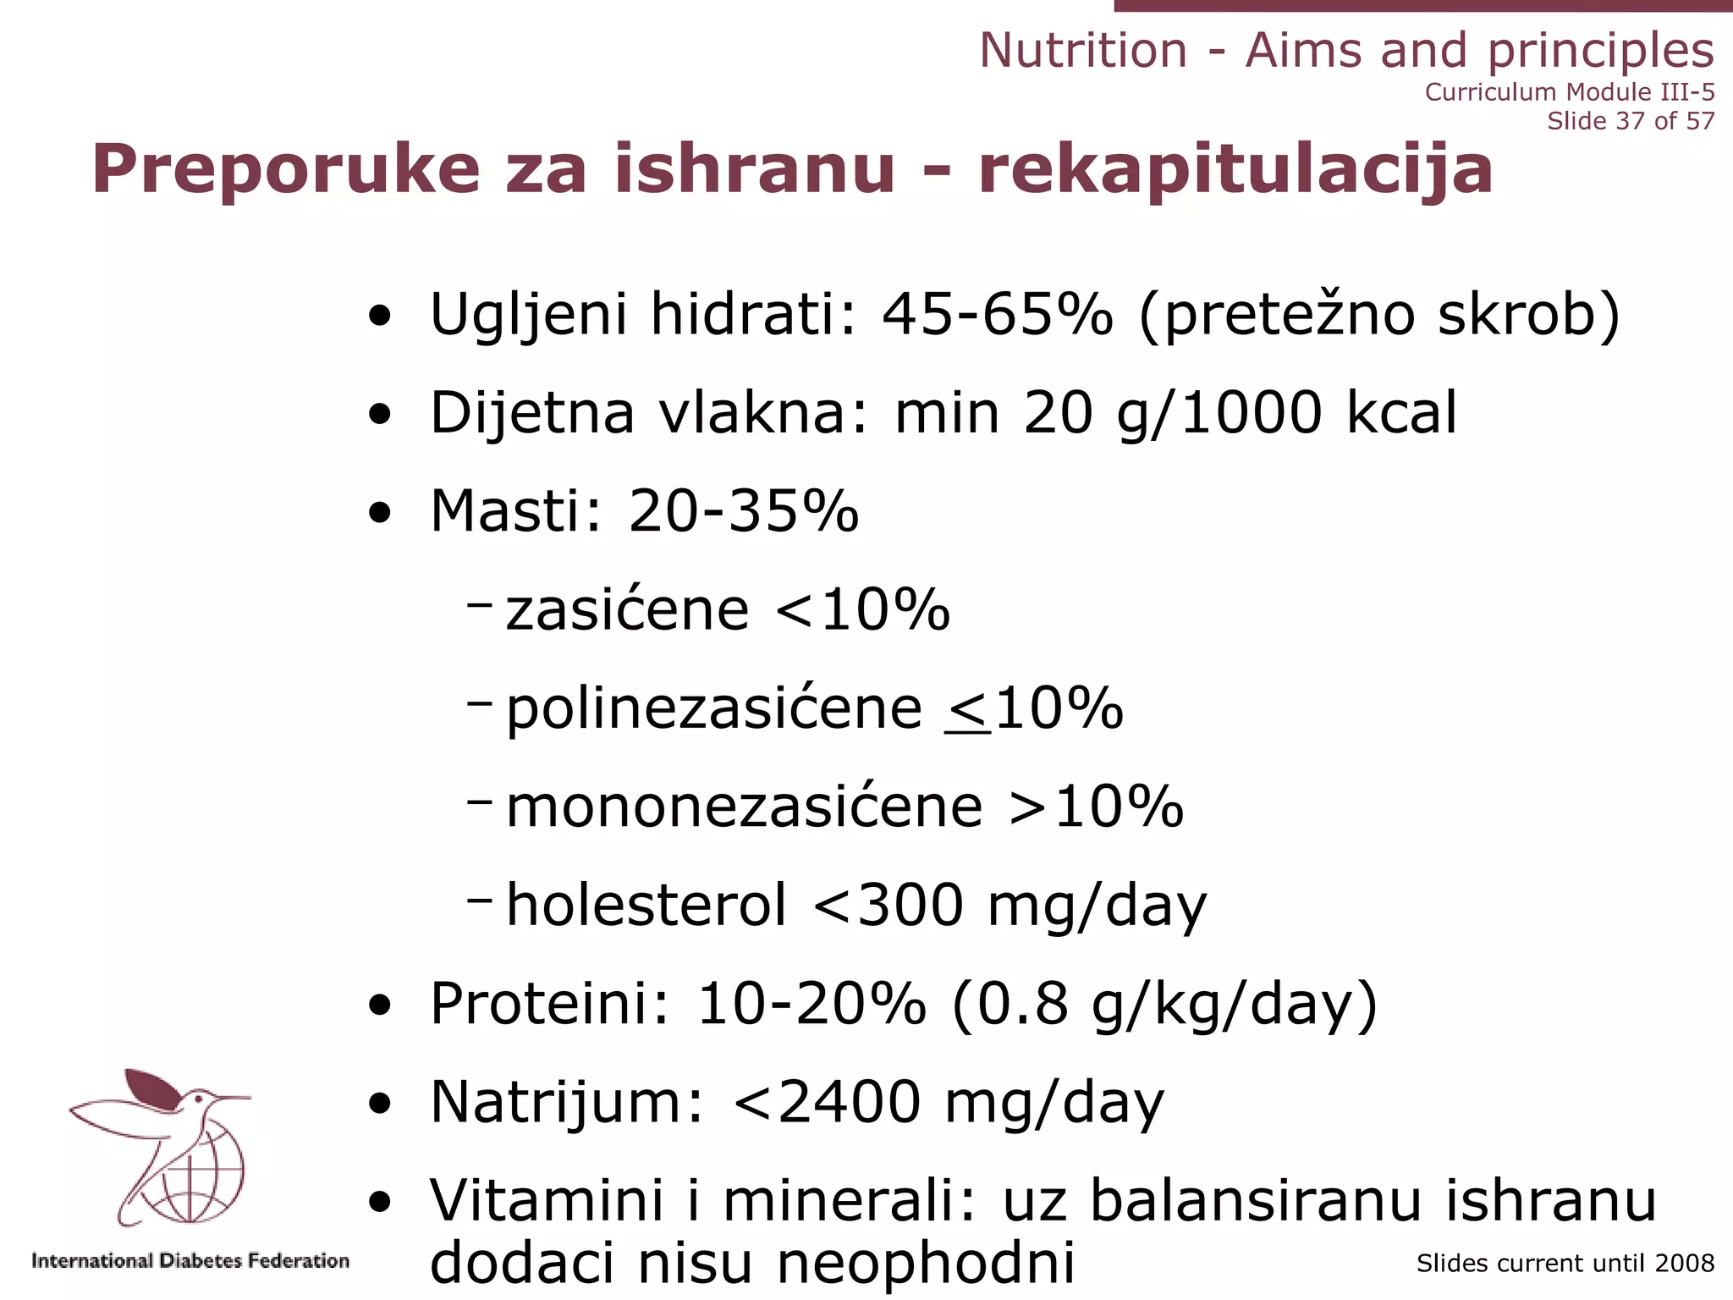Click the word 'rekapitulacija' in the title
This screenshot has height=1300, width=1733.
pyautogui.click(x=1235, y=169)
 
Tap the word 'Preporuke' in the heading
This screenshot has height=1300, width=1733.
pyautogui.click(x=286, y=169)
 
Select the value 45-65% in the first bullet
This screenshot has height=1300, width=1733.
pyautogui.click(x=997, y=315)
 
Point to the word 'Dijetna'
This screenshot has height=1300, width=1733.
pyautogui.click(x=531, y=414)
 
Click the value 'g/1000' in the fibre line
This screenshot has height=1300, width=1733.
pyautogui.click(x=1219, y=414)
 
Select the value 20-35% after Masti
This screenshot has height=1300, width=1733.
pyautogui.click(x=743, y=511)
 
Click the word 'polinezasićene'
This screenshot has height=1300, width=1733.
pyautogui.click(x=713, y=708)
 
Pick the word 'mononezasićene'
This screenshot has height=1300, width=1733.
pyautogui.click(x=744, y=807)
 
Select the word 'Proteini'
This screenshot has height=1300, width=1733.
pyautogui.click(x=549, y=1004)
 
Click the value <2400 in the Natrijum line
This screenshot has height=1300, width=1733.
pyautogui.click(x=827, y=1102)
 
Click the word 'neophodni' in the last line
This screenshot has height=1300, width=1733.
pyautogui.click(x=926, y=1264)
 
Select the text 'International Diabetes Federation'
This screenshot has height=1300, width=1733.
pyautogui.click(x=190, y=1261)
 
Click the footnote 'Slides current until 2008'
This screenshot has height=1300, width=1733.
pyautogui.click(x=1565, y=1264)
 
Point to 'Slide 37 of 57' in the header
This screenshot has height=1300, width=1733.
pyautogui.click(x=1631, y=121)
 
